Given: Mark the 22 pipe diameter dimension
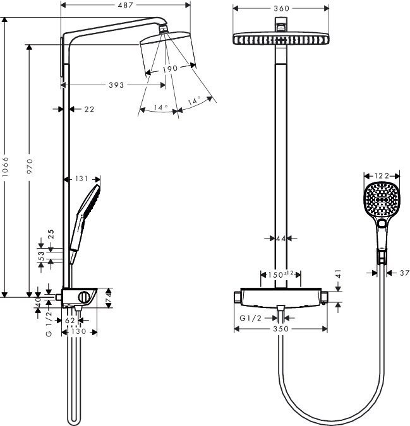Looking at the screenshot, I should (88, 109).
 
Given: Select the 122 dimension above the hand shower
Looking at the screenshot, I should (381, 176).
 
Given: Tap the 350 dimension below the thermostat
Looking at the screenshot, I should (280, 329).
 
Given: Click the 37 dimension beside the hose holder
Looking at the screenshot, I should (405, 273).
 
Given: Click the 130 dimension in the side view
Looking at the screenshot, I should (78, 331).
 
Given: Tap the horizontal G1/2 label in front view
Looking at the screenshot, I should (250, 318).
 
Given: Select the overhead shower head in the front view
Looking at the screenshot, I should (280, 38).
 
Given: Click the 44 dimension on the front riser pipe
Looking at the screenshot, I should (281, 239).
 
